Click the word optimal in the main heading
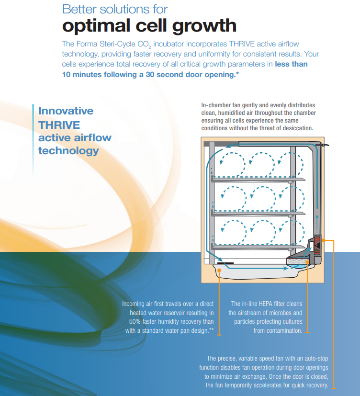[x=96, y=26]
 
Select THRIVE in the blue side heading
[x=59, y=125]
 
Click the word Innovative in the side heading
[x=66, y=111]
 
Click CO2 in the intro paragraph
[x=144, y=45]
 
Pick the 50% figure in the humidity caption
[x=135, y=321]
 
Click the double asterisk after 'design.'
[x=211, y=329]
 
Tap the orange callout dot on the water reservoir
[x=219, y=271]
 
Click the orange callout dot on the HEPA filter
[x=307, y=262]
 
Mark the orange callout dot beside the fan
[x=324, y=240]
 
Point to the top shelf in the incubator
[x=258, y=180]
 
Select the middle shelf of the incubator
[x=258, y=214]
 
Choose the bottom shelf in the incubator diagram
[x=258, y=247]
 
